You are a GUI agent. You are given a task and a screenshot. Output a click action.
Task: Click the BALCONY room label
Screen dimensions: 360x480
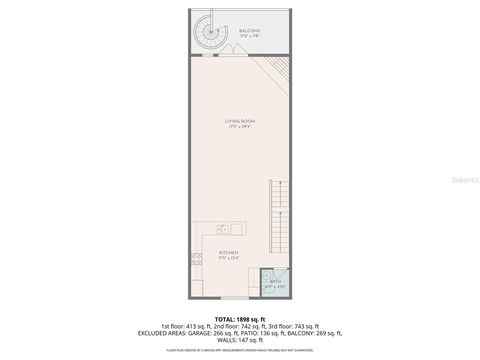[x=250, y=31]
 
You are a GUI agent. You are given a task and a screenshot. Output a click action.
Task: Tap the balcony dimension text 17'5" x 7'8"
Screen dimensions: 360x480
[x=250, y=36]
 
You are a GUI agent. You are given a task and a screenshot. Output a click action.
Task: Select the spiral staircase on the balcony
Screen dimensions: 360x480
[x=210, y=32]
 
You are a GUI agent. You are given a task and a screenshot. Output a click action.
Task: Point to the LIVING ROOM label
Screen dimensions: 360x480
[x=240, y=121]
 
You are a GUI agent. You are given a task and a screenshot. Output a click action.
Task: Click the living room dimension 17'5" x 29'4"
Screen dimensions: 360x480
[x=240, y=127]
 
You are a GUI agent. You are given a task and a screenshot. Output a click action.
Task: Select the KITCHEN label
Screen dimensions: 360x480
[x=229, y=253]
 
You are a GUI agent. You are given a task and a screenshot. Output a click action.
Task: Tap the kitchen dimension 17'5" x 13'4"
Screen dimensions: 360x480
[x=229, y=258]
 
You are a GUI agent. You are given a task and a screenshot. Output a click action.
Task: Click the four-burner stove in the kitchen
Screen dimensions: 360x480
[x=196, y=259]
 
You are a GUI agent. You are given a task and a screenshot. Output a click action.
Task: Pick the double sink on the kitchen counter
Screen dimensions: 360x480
[x=223, y=229]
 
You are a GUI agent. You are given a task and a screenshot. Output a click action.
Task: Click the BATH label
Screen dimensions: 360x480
[x=275, y=282]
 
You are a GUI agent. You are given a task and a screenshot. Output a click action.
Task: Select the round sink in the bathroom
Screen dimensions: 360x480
[x=266, y=276]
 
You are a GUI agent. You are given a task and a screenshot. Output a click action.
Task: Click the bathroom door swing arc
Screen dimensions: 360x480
[x=280, y=274]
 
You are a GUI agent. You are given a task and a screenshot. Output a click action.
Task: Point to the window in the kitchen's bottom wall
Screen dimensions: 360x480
[x=235, y=298]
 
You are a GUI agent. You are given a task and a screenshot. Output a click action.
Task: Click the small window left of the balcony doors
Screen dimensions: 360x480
[x=208, y=55]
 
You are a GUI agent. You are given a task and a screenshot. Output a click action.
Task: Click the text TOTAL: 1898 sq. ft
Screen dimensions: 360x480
[x=240, y=319]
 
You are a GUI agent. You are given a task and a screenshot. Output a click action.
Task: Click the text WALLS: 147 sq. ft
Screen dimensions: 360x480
[x=240, y=340]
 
